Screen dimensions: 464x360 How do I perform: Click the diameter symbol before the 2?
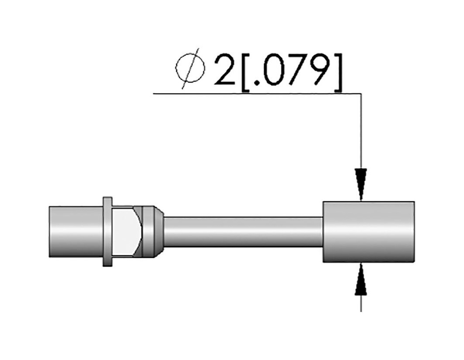(190, 68)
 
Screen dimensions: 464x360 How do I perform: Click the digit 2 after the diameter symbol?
(225, 70)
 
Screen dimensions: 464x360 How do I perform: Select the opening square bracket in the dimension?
(246, 73)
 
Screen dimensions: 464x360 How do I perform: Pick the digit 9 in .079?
(319, 70)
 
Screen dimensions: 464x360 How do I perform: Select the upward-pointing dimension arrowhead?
(361, 279)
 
